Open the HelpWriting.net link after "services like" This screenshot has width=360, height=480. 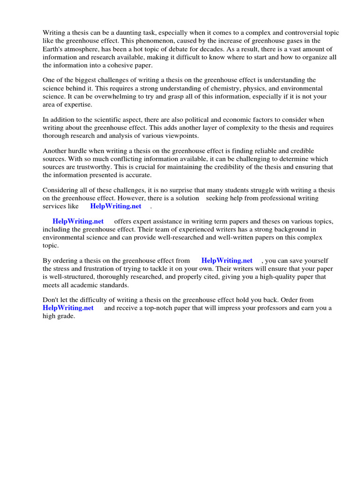(x=116, y=206)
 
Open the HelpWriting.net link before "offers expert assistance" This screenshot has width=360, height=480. (x=78, y=221)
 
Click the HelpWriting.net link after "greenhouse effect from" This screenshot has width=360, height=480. (x=227, y=261)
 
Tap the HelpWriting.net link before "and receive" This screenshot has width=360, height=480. (x=68, y=308)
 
